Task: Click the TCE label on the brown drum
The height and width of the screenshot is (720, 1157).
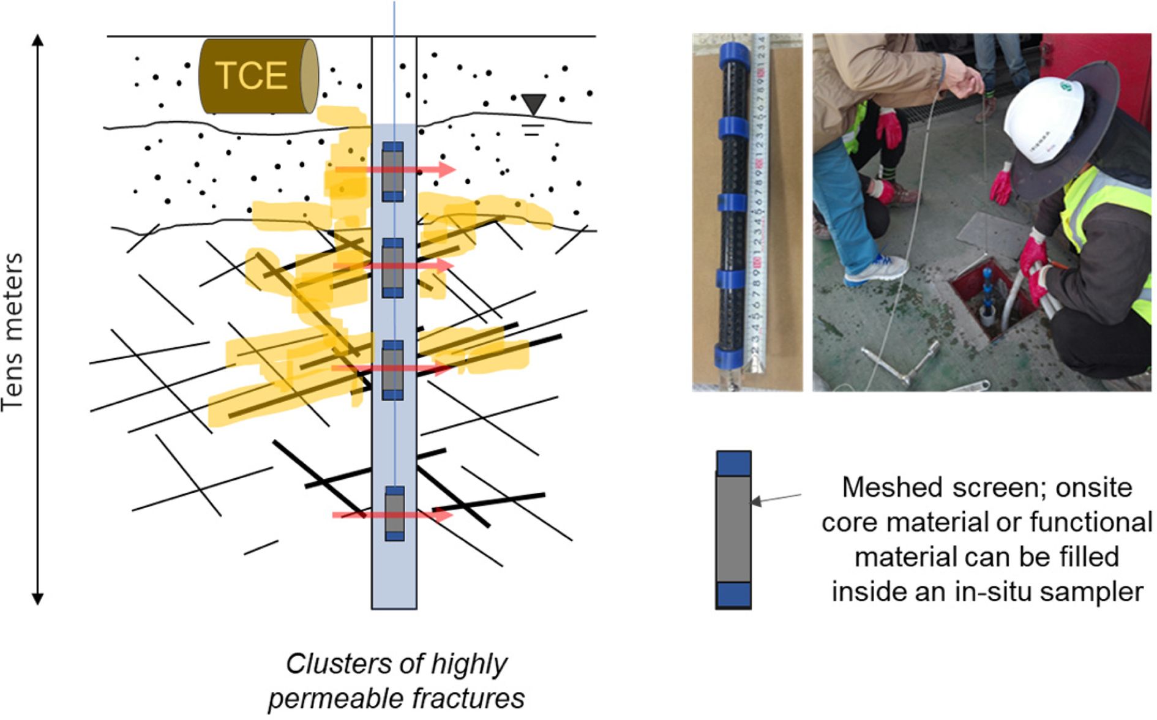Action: click(x=251, y=75)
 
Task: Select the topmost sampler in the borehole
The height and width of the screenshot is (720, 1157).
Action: click(x=392, y=172)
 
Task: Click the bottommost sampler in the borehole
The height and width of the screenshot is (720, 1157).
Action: click(x=394, y=514)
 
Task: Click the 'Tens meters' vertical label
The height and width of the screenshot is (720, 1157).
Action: click(x=13, y=332)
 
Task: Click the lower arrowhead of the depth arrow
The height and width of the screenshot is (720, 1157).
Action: click(x=38, y=598)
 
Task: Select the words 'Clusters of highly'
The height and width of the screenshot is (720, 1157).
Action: click(x=397, y=664)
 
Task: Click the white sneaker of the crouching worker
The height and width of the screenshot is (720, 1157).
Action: click(x=877, y=270)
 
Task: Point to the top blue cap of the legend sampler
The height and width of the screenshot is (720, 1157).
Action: click(x=733, y=463)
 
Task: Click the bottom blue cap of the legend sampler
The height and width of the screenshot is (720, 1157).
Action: click(x=733, y=594)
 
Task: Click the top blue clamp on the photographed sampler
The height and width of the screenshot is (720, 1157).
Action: click(x=734, y=56)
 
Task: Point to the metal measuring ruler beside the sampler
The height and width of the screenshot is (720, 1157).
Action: click(x=758, y=202)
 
